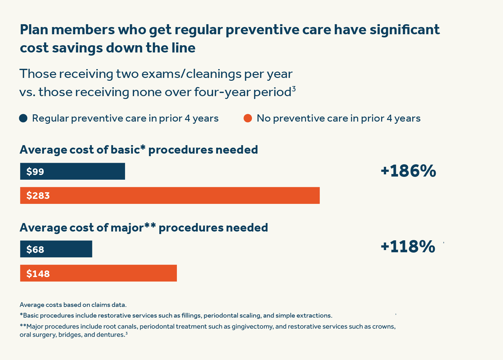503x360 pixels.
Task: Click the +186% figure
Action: pos(408,171)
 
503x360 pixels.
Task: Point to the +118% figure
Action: pos(407,247)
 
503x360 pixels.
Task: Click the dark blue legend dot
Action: pos(23,118)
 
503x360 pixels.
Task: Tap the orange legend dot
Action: pos(248,118)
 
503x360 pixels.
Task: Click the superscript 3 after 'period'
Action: pos(294,89)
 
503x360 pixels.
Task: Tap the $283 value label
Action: pos(38,196)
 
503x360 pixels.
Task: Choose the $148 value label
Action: pos(38,274)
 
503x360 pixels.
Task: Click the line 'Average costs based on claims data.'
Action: pos(73,305)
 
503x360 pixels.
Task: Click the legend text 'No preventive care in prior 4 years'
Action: pos(338,118)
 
